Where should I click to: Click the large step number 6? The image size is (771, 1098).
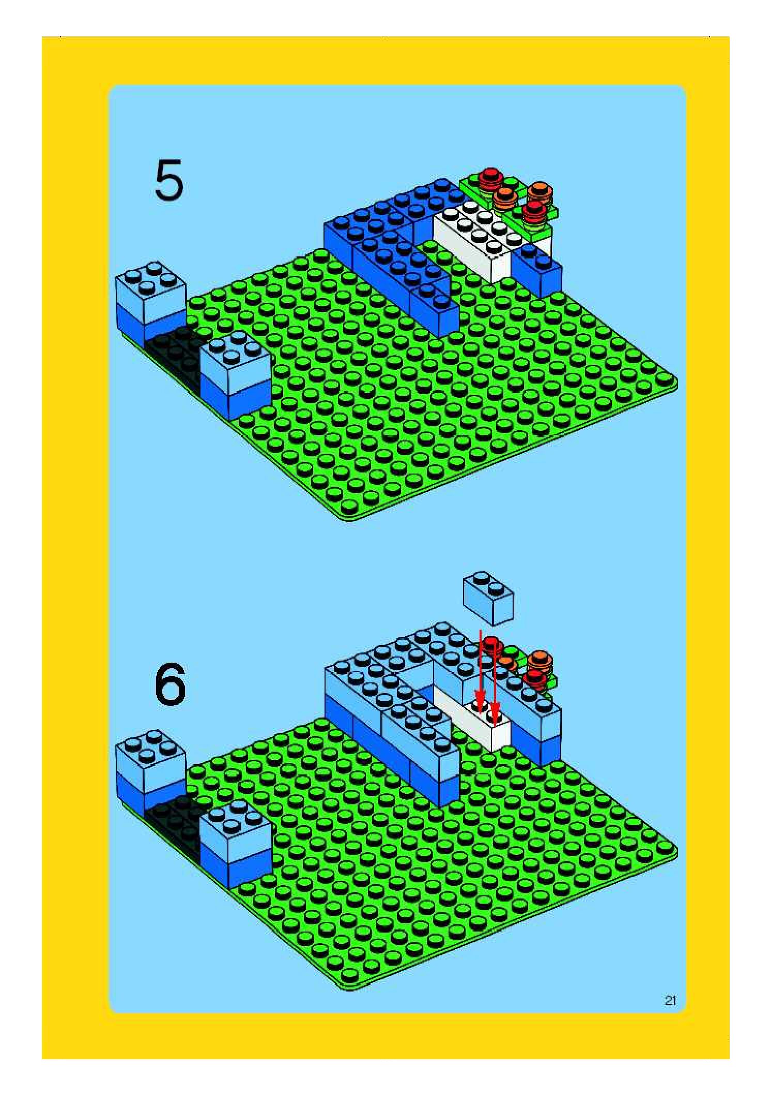[171, 684]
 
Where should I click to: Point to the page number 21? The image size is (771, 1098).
[670, 1000]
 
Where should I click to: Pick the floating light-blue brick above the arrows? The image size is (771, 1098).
[488, 598]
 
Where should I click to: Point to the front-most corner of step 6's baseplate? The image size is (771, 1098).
[351, 989]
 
